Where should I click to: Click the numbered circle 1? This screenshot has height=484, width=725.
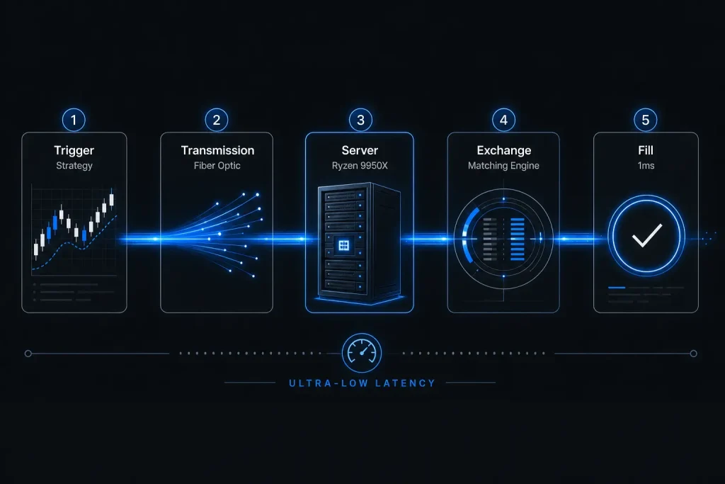point(74,120)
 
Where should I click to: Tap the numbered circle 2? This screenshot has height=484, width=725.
point(217,120)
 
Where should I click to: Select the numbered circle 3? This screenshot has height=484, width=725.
point(360,120)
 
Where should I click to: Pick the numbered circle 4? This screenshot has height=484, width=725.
point(503,120)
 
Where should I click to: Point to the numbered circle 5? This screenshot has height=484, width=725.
point(646,120)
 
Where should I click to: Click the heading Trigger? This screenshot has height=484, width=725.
point(74,150)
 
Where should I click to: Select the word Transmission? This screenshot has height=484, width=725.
point(217,150)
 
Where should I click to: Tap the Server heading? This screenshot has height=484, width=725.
point(360,150)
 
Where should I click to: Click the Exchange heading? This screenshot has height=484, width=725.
point(504,150)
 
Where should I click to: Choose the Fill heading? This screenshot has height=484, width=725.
point(646,150)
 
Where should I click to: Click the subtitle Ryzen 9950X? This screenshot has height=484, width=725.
point(360,166)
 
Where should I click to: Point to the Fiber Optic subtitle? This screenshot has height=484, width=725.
point(217,166)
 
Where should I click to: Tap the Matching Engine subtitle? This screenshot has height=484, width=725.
point(503,166)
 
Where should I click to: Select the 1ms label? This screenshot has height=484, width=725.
point(646,166)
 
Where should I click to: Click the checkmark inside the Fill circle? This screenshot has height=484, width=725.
point(646,235)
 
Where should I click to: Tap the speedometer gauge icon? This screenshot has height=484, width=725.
point(362,353)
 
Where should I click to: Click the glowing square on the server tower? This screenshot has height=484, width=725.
point(343,245)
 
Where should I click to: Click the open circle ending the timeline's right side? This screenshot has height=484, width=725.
point(694,354)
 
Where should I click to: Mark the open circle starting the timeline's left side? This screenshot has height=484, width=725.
point(28,354)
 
